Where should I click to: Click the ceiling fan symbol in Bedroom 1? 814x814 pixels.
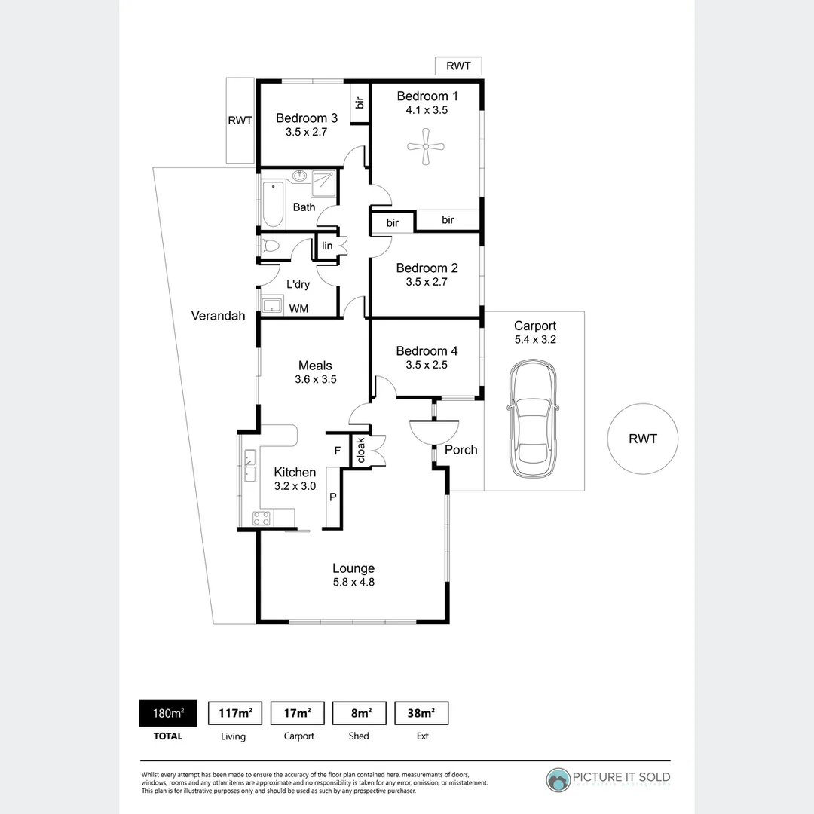tap(427, 146)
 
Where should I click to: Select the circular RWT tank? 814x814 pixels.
tap(643, 439)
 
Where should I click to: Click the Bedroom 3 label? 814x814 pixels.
tap(306, 118)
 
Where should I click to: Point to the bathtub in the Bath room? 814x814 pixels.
tap(273, 204)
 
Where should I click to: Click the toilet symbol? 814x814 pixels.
tap(269, 246)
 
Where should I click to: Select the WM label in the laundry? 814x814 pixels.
tap(299, 308)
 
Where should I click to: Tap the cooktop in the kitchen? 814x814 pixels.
tap(262, 519)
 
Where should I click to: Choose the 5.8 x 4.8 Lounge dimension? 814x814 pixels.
tap(353, 582)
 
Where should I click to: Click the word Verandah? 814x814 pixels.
tap(218, 316)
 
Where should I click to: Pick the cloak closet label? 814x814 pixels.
tap(360, 451)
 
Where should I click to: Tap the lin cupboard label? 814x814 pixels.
tap(327, 246)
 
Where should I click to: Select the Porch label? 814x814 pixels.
tap(461, 450)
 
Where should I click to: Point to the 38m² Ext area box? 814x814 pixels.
tap(421, 713)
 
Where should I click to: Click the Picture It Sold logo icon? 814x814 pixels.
tap(558, 780)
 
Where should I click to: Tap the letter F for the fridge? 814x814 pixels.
tap(337, 451)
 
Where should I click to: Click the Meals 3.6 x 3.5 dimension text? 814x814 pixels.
tap(315, 379)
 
